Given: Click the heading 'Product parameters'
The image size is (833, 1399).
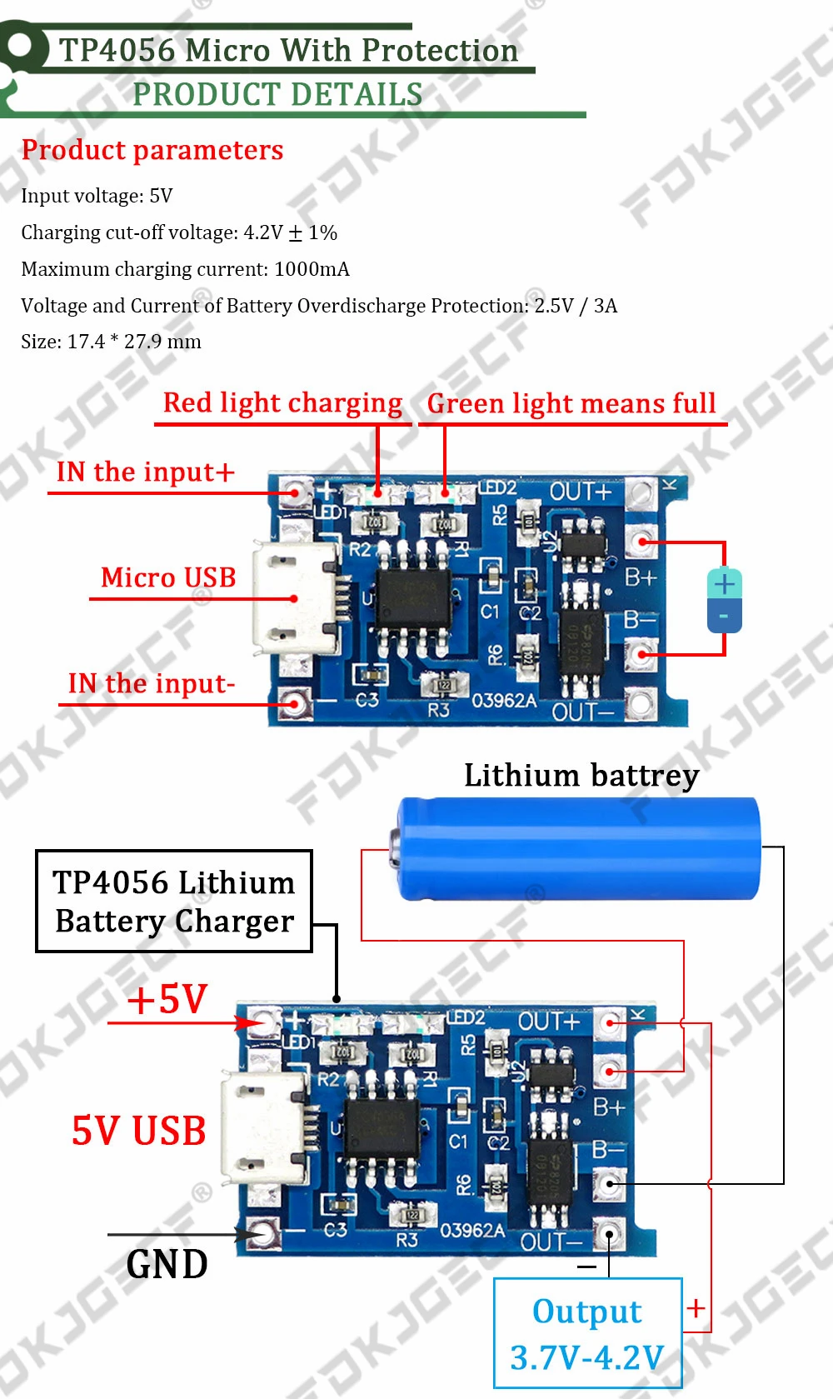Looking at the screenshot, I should tap(152, 150).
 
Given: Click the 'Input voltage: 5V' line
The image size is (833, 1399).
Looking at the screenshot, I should tap(97, 196).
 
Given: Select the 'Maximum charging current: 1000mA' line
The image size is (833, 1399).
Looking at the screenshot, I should tap(185, 269).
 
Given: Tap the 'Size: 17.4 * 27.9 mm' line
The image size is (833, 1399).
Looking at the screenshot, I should tap(111, 342).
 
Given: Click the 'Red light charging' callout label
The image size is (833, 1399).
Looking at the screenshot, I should tap(282, 403).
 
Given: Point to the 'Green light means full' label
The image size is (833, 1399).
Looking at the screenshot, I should tap(571, 404).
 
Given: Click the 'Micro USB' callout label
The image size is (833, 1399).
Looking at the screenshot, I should tap(168, 577).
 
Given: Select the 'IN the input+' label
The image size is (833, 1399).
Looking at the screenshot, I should tap(145, 472).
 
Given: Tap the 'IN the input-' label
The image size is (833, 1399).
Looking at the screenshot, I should tap(151, 684).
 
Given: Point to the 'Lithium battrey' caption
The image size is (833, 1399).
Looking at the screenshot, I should tap(581, 776).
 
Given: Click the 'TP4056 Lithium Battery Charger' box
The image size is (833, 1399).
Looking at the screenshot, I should tap(174, 902).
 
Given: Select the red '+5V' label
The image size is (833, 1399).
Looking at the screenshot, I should tap(167, 998).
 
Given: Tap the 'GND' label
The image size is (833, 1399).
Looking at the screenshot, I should tap(167, 1264).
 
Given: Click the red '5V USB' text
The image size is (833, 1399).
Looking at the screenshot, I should tap(138, 1131).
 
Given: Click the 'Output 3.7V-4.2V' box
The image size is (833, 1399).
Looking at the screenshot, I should tap(587, 1333).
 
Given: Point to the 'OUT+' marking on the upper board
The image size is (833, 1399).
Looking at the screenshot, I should tap(581, 492).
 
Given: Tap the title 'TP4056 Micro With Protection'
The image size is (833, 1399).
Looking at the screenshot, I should tap(288, 51).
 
